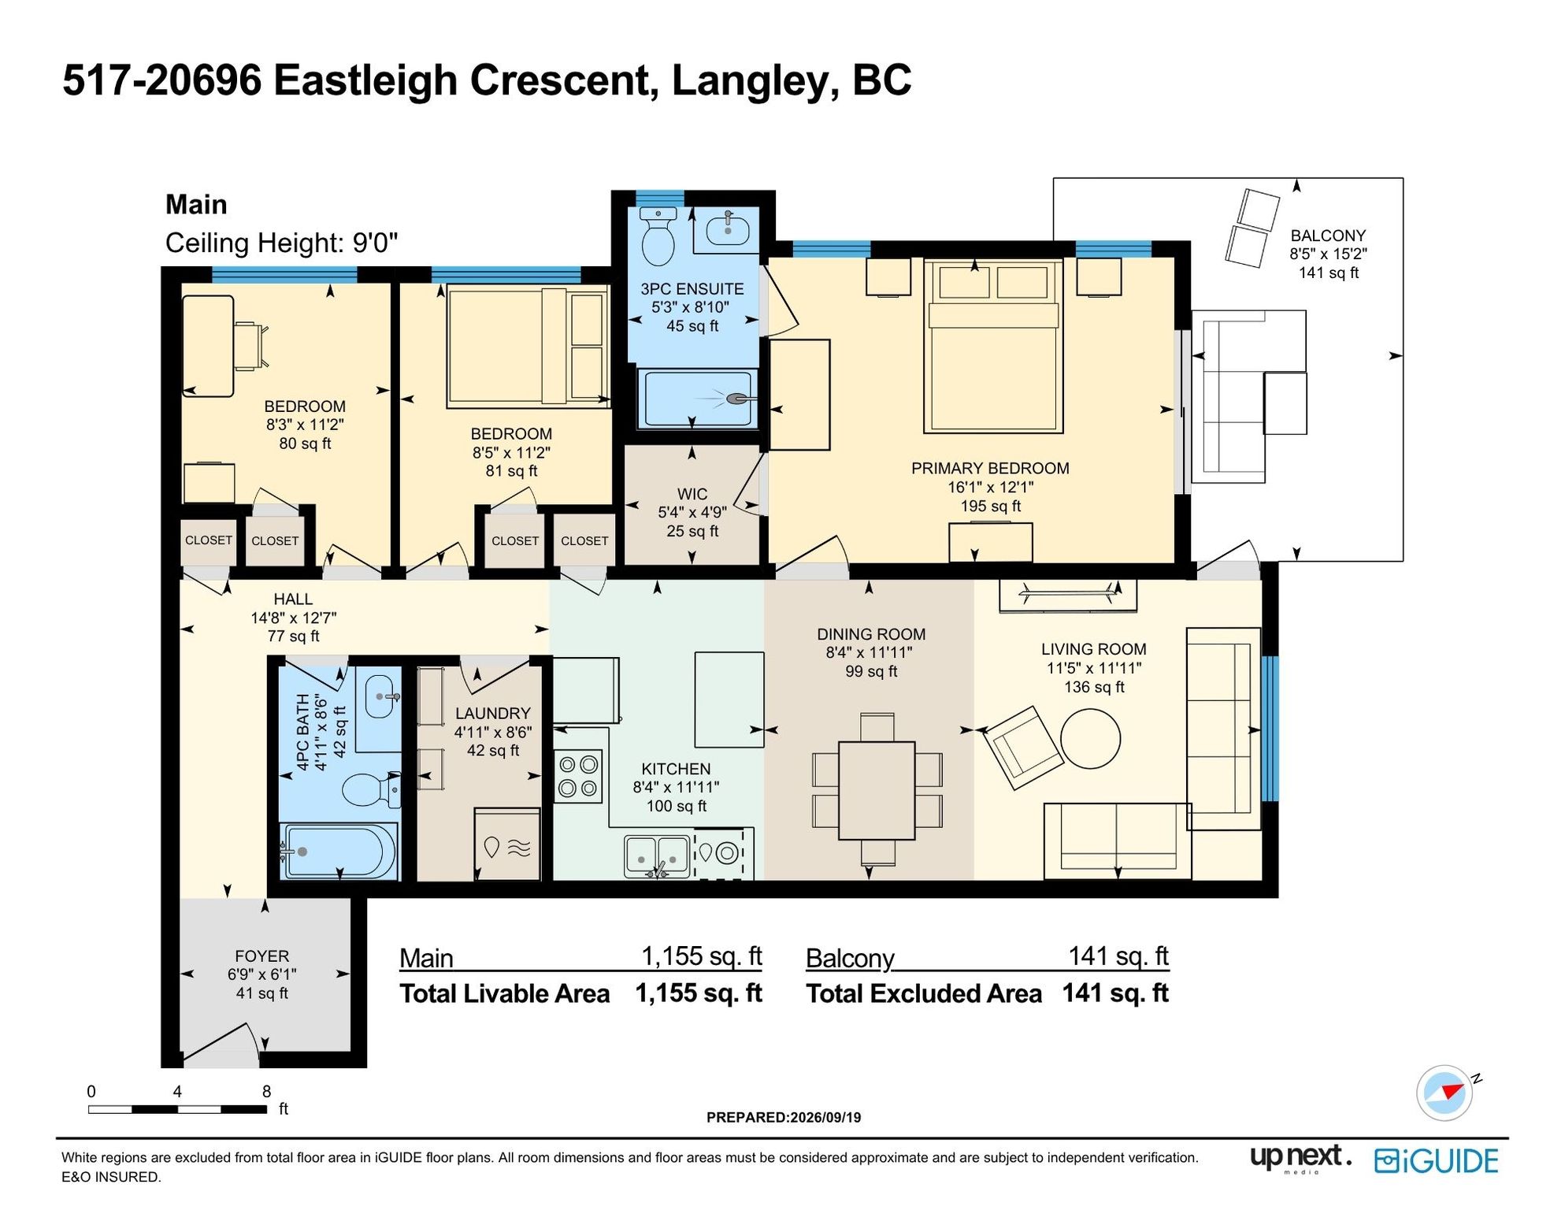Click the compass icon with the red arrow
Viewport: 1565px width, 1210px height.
pyautogui.click(x=1444, y=1093)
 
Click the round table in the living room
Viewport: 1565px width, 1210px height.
pyautogui.click(x=1090, y=738)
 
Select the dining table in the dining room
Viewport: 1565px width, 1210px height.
pyautogui.click(x=877, y=790)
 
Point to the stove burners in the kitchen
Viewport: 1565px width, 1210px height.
pyautogui.click(x=578, y=776)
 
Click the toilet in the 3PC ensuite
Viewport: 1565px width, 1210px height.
pyautogui.click(x=658, y=236)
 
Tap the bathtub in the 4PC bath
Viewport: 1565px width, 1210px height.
pyautogui.click(x=339, y=851)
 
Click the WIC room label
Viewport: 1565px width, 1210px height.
pyautogui.click(x=692, y=494)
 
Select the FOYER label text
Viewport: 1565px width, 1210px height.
pyautogui.click(x=261, y=956)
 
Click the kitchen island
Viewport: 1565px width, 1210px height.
pyautogui.click(x=729, y=700)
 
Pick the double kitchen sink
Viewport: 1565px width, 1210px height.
pyautogui.click(x=657, y=856)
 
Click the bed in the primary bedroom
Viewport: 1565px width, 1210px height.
pyautogui.click(x=993, y=345)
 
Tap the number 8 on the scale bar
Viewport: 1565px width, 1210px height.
pyautogui.click(x=266, y=1091)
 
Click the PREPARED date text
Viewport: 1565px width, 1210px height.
pyautogui.click(x=784, y=1117)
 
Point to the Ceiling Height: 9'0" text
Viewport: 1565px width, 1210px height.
pyautogui.click(x=281, y=243)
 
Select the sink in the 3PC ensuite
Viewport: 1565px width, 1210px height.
pyautogui.click(x=728, y=228)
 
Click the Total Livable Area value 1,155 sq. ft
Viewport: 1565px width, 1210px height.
pyautogui.click(x=699, y=993)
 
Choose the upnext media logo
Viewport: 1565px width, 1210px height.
pyautogui.click(x=1300, y=1158)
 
